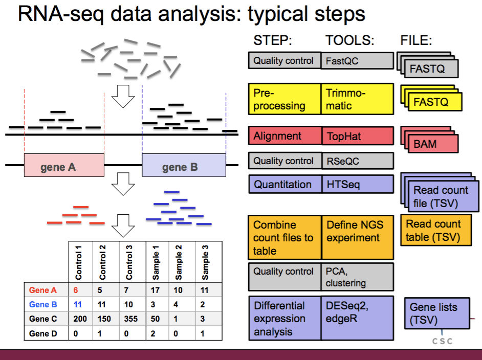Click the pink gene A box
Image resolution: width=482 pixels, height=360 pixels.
pyautogui.click(x=64, y=165)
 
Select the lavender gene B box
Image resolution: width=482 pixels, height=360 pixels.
pyautogui.click(x=184, y=165)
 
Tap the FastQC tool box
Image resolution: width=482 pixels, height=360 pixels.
pyautogui.click(x=357, y=61)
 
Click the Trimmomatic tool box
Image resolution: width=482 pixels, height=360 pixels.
pyautogui.click(x=357, y=99)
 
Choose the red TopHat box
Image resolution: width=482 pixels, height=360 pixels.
pyautogui.click(x=357, y=136)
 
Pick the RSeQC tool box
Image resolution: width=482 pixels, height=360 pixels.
pyautogui.click(x=357, y=161)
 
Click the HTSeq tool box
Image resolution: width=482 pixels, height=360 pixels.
pyautogui.click(x=357, y=184)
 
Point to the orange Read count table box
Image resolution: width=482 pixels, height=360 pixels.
pyautogui.click(x=434, y=231)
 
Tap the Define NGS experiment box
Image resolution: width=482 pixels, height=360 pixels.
pyautogui.click(x=357, y=237)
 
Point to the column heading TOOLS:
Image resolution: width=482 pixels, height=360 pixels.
pyautogui.click(x=350, y=40)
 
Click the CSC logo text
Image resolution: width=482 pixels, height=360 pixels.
pyautogui.click(x=443, y=341)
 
